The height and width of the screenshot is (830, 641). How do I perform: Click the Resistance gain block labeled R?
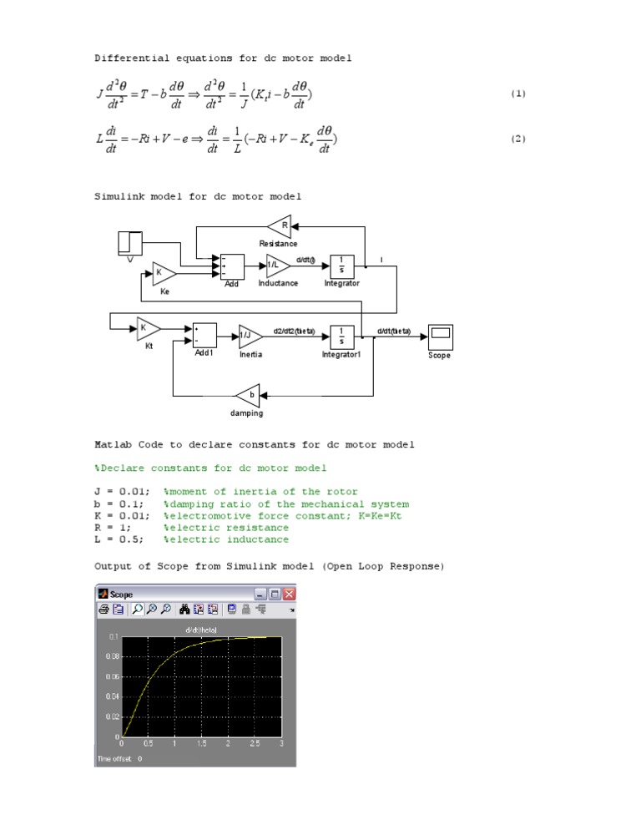[280, 225]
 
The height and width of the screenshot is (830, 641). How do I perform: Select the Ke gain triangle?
[164, 273]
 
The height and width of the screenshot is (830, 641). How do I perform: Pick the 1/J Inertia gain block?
[250, 336]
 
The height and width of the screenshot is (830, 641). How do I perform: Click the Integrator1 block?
[341, 336]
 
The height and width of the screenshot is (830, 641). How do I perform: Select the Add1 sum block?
[204, 335]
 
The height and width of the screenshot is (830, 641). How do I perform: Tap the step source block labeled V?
[130, 243]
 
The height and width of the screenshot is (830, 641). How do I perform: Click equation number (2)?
[518, 139]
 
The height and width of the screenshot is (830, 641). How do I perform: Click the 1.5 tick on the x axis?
[201, 742]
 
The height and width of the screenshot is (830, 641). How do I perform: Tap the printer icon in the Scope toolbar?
[104, 610]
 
